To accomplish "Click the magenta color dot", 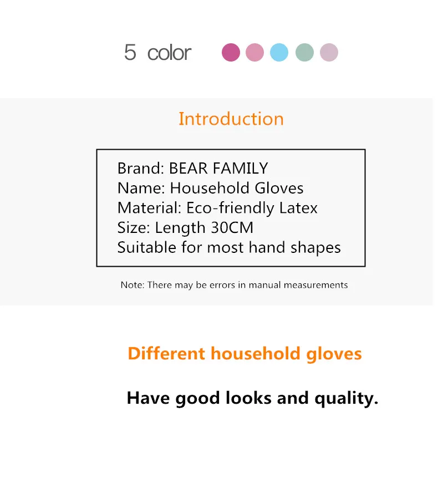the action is pyautogui.click(x=231, y=52).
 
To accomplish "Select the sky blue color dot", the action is pyautogui.click(x=279, y=52).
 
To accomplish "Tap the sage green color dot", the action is pyautogui.click(x=304, y=52).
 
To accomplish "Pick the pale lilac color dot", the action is pyautogui.click(x=329, y=52).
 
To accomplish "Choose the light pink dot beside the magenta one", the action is pyautogui.click(x=254, y=52).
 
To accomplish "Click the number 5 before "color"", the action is pyautogui.click(x=130, y=52).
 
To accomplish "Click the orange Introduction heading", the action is pyautogui.click(x=231, y=119).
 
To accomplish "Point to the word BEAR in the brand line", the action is pyautogui.click(x=188, y=169).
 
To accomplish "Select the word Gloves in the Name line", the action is pyautogui.click(x=279, y=188).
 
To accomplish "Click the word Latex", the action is pyautogui.click(x=298, y=208).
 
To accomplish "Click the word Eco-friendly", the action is pyautogui.click(x=230, y=209).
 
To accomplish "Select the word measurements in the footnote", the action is pyautogui.click(x=315, y=285).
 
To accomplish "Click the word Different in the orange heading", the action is pyautogui.click(x=166, y=353).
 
